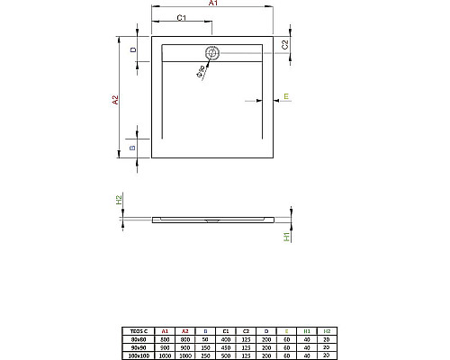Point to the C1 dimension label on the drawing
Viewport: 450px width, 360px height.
tap(181, 18)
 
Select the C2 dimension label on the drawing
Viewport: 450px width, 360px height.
tap(285, 44)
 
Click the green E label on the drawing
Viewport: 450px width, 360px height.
tap(285, 95)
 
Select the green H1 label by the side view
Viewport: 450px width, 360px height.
tap(286, 236)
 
